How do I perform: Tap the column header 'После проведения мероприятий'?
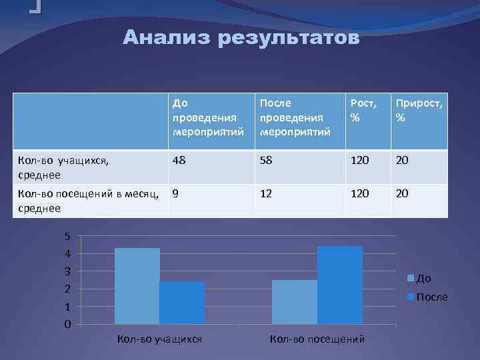(291, 117)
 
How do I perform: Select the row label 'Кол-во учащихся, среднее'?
(61, 167)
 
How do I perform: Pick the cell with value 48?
(179, 161)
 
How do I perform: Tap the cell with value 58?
(267, 161)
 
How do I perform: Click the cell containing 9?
(175, 194)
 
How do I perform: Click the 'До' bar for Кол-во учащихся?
(137, 286)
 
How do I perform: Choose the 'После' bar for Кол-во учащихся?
(182, 303)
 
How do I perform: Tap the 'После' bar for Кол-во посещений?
(340, 285)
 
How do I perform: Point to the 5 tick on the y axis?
(67, 236)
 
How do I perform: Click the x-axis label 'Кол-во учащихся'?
(159, 339)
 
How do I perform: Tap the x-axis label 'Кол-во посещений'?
(317, 339)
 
